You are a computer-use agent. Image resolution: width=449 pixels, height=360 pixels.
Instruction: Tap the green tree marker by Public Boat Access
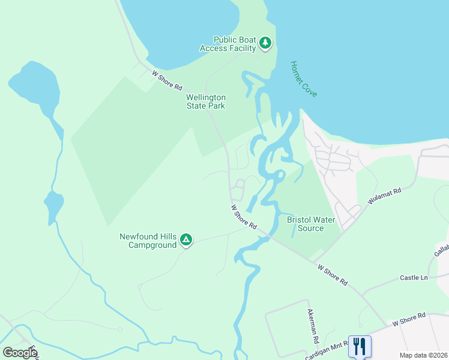265,43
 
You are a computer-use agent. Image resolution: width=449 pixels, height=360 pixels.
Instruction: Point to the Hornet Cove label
303,79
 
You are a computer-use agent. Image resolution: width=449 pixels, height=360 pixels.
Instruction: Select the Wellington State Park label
205,101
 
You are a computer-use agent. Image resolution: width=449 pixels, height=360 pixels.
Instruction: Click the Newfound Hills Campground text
148,241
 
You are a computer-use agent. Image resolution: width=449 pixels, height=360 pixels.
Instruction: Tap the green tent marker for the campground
186,241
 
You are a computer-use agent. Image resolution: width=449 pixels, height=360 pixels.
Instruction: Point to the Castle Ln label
414,278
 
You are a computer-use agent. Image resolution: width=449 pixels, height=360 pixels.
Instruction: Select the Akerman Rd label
313,326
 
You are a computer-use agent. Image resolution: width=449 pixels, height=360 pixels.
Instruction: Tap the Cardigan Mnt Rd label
327,352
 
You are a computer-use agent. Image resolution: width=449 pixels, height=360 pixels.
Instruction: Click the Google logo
20,352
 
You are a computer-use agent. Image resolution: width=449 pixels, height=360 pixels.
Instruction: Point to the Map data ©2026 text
423,355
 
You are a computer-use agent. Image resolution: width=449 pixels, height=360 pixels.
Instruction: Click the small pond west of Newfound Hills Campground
53,205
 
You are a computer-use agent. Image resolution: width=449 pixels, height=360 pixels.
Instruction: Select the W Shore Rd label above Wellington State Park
167,80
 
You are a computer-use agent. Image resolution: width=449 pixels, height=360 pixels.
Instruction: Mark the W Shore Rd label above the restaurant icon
409,319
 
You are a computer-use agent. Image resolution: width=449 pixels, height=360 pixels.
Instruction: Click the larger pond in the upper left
36,87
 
